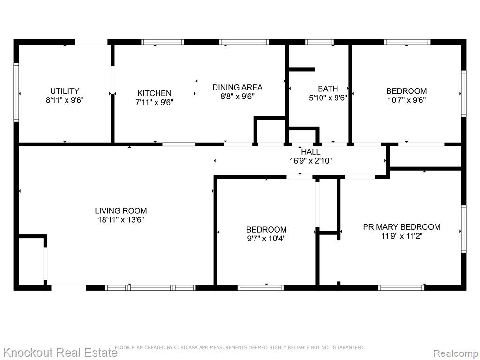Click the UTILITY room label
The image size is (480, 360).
pos(65,91)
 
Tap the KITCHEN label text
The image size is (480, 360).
pos(154,93)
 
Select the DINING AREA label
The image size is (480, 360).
pos(237,87)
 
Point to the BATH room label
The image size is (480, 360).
pos(328,89)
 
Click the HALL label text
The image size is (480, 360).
pos(311,151)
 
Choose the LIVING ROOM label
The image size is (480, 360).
pos(120,210)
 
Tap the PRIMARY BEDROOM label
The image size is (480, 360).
pos(402,227)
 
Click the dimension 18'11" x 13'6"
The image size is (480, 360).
pos(121,219)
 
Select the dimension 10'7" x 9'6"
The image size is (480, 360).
pos(406,100)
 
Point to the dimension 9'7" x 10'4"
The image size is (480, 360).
pos(266,238)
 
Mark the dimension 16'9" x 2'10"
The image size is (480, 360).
pos(311,160)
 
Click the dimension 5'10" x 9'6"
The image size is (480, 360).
pos(328,97)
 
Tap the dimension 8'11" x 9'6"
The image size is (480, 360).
pos(65,100)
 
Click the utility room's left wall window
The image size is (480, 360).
pos(16,92)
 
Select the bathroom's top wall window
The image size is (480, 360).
pos(319,42)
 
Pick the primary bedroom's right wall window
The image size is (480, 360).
pos(464,229)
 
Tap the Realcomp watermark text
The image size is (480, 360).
pos(456,353)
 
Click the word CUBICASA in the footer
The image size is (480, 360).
pos(186,347)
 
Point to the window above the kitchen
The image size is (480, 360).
pos(163,42)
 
